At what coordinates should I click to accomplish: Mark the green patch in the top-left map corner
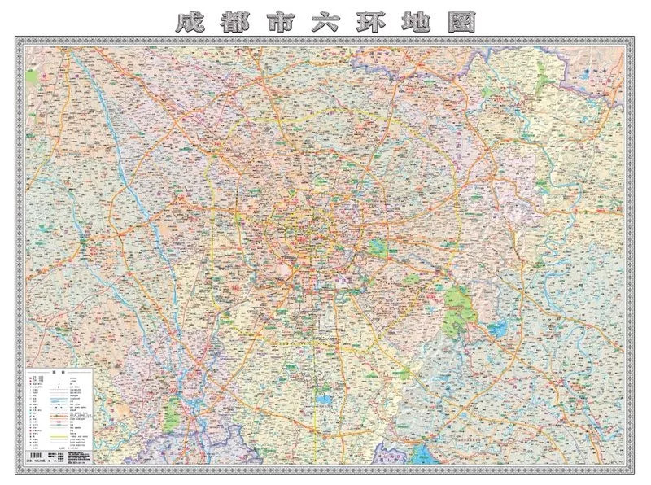point(32,76)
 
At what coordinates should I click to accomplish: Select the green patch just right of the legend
point(172,414)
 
